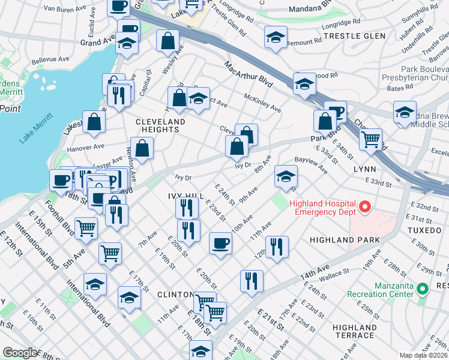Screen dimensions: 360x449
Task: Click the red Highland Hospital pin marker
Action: pos(364,208)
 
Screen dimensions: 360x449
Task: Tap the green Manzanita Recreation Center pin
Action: pos(423,289)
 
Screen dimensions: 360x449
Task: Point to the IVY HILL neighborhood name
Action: pos(185,196)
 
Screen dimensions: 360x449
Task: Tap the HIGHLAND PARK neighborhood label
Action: pos(344,240)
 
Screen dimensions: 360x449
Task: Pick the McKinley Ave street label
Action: pos(262,103)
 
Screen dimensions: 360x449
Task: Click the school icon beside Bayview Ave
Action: pos(286,176)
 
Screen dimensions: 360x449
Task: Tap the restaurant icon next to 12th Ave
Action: pos(277,246)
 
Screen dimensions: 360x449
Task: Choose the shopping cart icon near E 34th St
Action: pos(371,139)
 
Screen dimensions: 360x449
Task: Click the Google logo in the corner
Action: pos(20,353)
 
